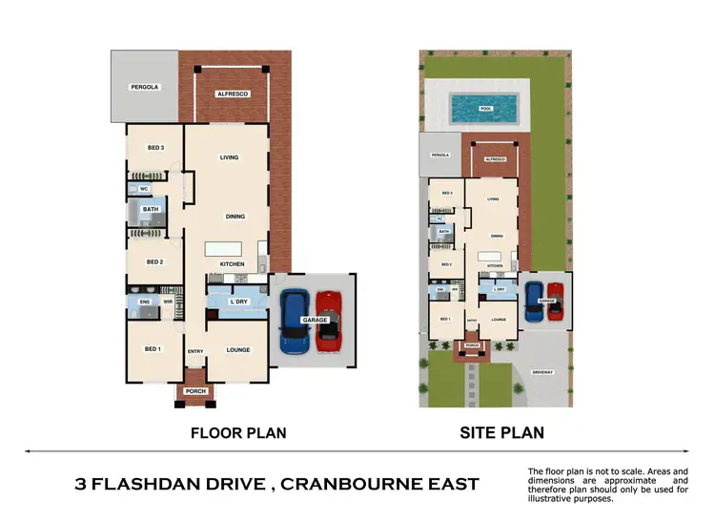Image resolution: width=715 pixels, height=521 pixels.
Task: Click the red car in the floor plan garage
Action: pos(329,320)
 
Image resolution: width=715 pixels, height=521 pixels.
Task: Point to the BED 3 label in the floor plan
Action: pos(155,148)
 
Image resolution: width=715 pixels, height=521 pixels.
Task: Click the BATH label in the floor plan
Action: pos(151,210)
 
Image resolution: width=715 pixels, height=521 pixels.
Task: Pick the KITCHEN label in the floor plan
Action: pos(233,264)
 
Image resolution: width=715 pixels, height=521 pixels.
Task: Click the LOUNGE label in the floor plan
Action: pos(238,350)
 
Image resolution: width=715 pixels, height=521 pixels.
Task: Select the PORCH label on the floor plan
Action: pos(195,391)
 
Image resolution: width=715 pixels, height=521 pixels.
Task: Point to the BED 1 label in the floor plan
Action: pos(153,350)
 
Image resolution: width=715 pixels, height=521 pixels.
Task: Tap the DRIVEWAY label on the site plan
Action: pos(543,373)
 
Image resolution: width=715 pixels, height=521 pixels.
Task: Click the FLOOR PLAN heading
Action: pos(238,433)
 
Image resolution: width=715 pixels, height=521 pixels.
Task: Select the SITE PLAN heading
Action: pos(501,433)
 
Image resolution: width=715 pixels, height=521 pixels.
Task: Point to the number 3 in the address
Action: pos(81,485)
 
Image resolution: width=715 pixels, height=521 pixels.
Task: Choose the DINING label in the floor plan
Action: pos(235,217)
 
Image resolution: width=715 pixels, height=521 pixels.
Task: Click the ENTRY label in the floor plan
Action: pos(195,351)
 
